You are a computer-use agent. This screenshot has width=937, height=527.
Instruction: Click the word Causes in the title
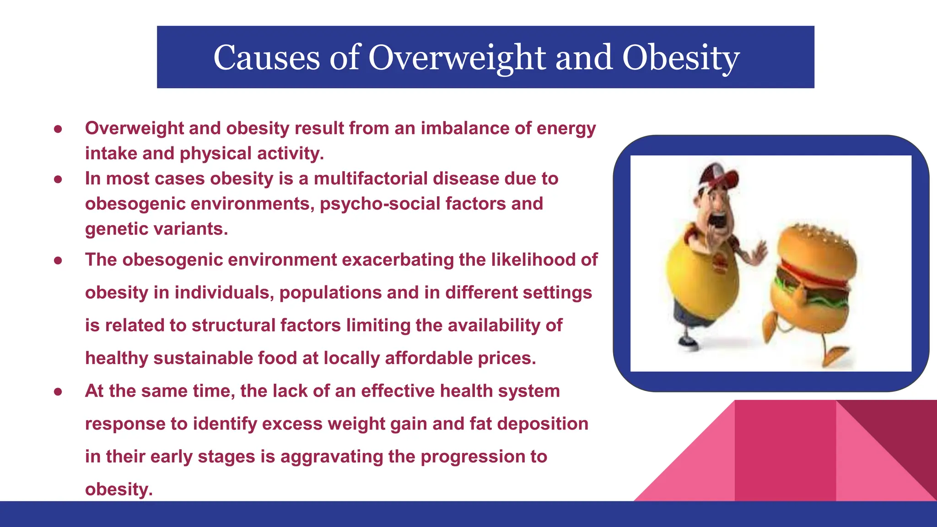pyautogui.click(x=266, y=58)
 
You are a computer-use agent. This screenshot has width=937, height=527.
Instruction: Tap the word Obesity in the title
pyautogui.click(x=680, y=58)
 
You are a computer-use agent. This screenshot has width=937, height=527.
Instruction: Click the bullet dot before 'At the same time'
pyautogui.click(x=58, y=392)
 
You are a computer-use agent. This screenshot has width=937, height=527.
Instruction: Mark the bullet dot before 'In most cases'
pyautogui.click(x=58, y=179)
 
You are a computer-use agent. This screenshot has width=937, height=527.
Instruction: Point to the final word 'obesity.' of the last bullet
pyautogui.click(x=118, y=489)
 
